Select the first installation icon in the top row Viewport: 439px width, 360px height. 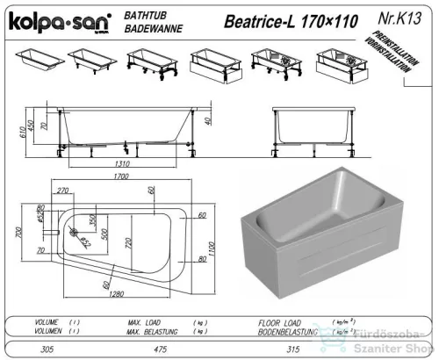click(x=37, y=60)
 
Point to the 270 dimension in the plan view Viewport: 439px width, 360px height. click(x=62, y=190)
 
